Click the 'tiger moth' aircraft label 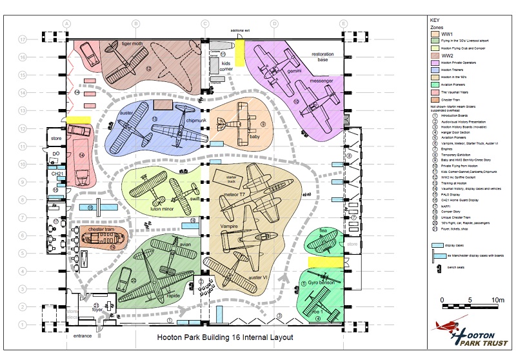point(132,44)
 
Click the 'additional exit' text point(243,30)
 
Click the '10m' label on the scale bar point(496,301)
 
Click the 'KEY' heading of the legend point(435,20)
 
